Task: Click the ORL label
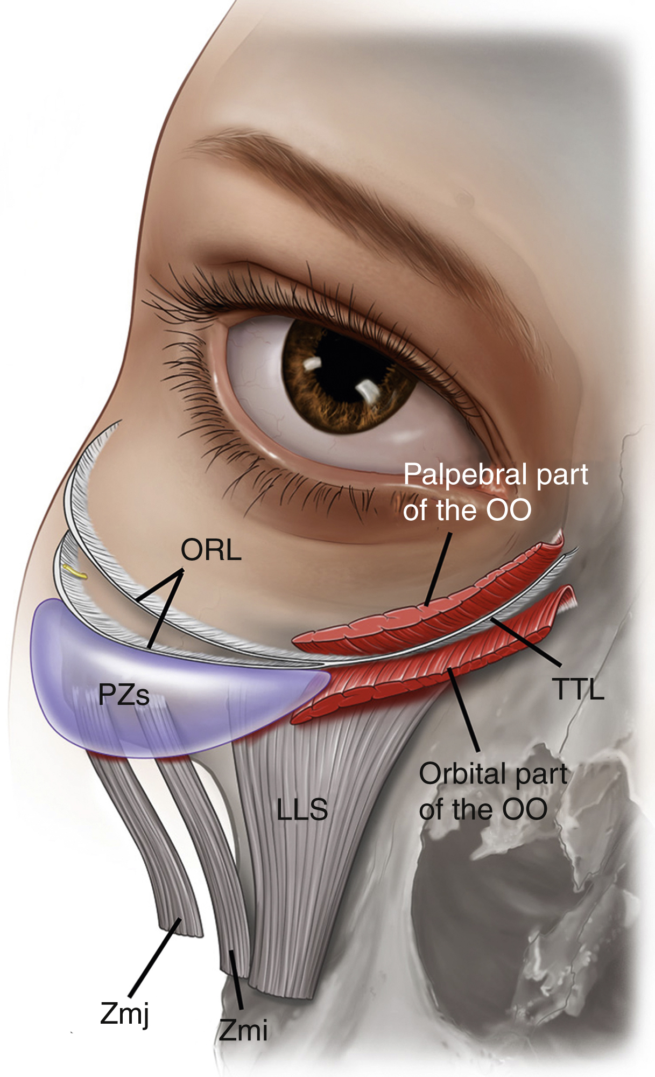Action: pos(210,550)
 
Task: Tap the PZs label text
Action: pos(124,695)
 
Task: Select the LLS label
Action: pos(302,809)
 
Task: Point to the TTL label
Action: pos(578,689)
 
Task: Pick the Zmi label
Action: pos(243,1031)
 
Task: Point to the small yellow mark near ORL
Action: pos(75,572)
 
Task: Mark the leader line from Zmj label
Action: pos(154,959)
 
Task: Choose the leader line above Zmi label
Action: pos(237,980)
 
